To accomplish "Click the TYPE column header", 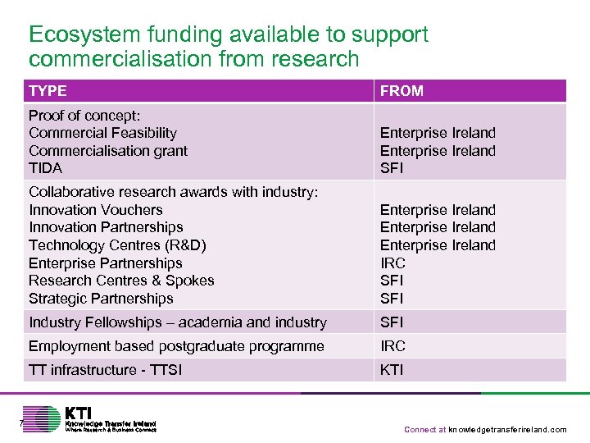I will coord(48,91).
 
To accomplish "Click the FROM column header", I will coord(402,91).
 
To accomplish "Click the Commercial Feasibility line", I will coord(102,133).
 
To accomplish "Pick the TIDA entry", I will coord(45,168).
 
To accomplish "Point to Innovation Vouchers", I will coord(95,210).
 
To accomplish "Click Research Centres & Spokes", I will coord(121,281).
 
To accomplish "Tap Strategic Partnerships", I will coord(101,299).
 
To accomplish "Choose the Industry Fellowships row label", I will coord(177,322).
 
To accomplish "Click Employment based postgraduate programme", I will coord(176,346).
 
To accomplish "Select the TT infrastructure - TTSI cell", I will coord(105,370).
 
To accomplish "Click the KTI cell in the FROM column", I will coord(392,370).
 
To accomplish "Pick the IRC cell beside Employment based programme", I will coord(393,346).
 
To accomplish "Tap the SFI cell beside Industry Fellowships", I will coord(393,322).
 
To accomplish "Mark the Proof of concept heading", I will coord(84,116).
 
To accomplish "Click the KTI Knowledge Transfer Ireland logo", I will coord(90,418).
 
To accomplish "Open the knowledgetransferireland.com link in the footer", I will coord(507,430).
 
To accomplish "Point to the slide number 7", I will coord(22,423).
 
